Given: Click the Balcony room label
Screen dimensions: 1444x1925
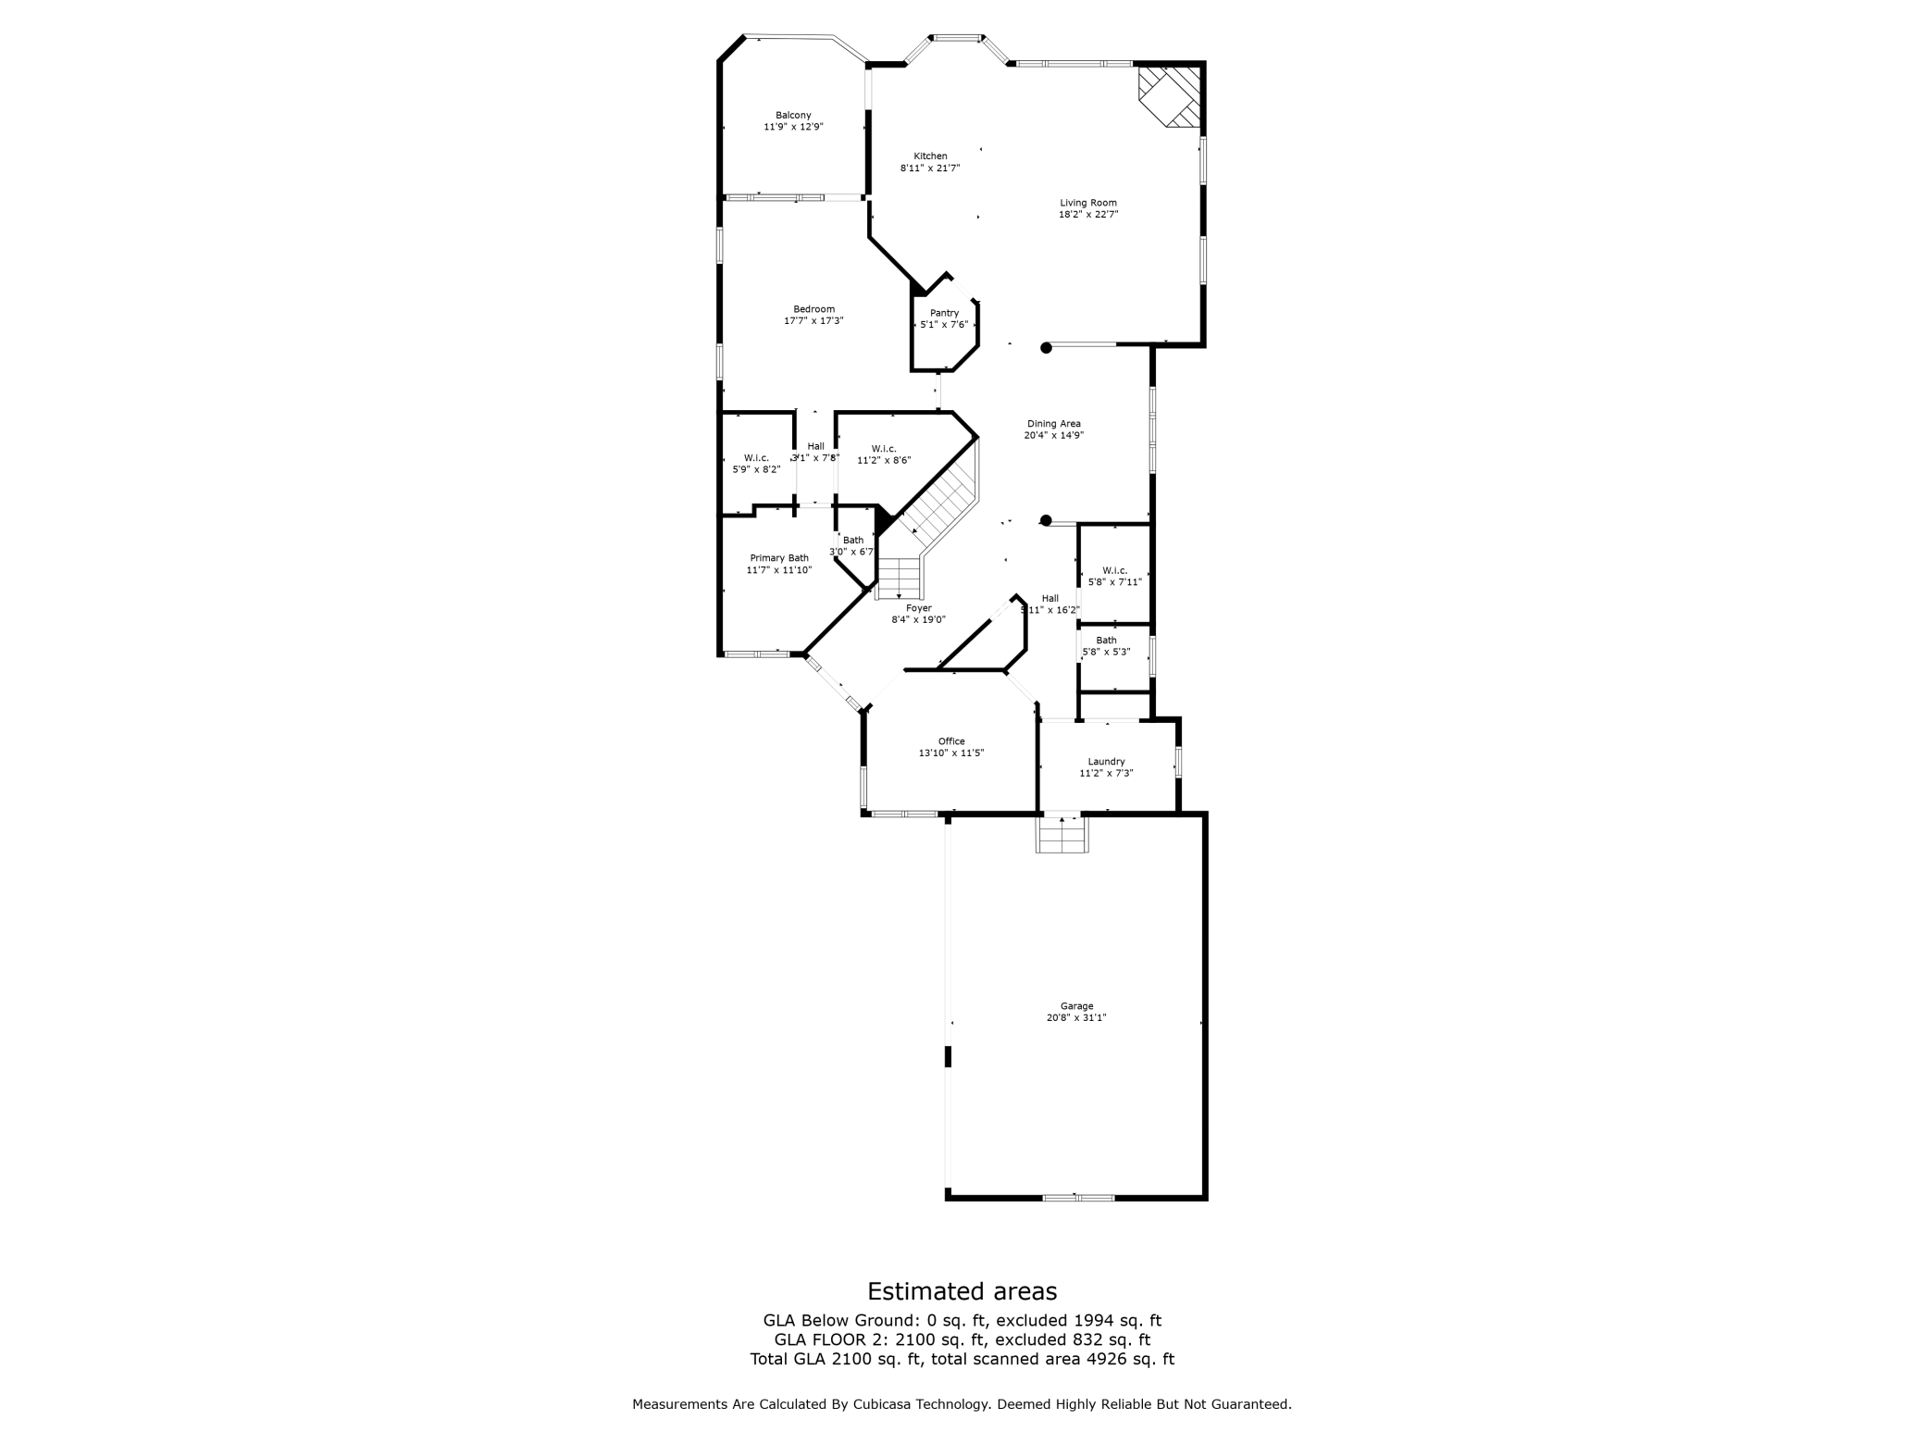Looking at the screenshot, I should (x=793, y=116).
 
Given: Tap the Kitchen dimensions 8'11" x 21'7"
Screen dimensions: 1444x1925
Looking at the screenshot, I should (x=930, y=168).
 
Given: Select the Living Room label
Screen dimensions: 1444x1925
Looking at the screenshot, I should (x=1088, y=203).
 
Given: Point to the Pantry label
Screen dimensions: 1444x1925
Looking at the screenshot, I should (x=944, y=313).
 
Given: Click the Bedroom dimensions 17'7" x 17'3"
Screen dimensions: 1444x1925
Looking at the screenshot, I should (x=813, y=321).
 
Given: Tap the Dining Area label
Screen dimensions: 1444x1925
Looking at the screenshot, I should (x=1053, y=424).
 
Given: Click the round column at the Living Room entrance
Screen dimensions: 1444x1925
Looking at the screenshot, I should (x=1047, y=348).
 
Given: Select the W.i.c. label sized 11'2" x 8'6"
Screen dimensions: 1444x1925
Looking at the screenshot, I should (x=884, y=449).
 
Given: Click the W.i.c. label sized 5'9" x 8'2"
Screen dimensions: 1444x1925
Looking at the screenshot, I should (x=756, y=458).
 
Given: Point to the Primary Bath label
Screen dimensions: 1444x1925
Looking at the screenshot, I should (x=779, y=558).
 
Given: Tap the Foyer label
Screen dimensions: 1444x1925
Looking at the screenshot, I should (x=918, y=608).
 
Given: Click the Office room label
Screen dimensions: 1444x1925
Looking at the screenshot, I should (x=951, y=741).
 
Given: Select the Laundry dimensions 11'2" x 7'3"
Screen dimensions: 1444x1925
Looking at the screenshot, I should (x=1106, y=773).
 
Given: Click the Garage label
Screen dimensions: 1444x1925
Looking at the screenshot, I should (x=1076, y=1006).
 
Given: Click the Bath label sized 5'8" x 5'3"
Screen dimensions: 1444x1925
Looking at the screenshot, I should (x=1106, y=641).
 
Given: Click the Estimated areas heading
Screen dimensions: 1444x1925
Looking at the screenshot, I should (x=962, y=1291).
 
